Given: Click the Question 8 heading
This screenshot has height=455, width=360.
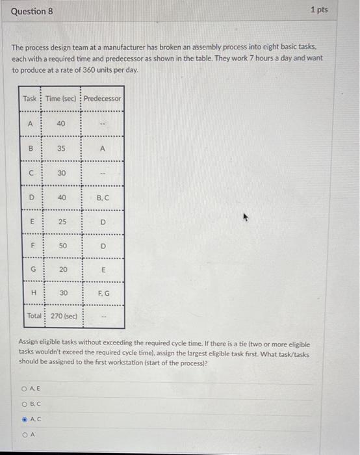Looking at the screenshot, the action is [32, 11].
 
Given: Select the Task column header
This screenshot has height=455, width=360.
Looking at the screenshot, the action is [30, 99].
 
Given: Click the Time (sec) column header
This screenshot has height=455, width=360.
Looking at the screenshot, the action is [61, 99].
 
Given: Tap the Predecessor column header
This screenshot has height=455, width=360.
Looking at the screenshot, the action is [102, 99].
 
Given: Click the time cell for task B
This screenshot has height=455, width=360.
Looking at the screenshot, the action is [61, 148].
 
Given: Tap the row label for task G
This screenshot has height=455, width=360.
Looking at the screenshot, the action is [30, 269].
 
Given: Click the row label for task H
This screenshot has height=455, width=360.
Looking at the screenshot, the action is [30, 293].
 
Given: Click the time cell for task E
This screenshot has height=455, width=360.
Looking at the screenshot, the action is [61, 221].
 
